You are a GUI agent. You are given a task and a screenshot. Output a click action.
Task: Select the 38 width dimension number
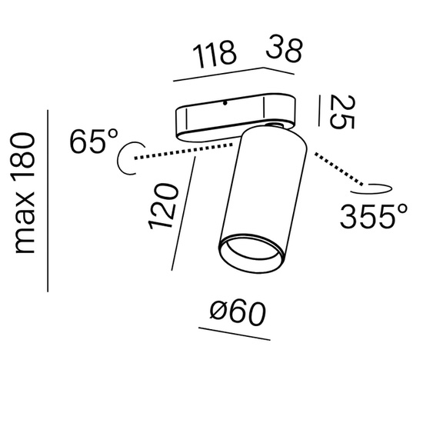pos(284,51)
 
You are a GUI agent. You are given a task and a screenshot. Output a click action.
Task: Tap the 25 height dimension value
pos(342,112)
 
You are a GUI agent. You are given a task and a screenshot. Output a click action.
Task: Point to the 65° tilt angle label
pos(94,141)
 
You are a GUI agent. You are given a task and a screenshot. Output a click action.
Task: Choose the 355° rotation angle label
pos(374,216)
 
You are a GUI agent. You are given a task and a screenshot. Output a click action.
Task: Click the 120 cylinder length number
pos(164,206)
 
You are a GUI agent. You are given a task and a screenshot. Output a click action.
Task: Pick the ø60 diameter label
pos(238,313)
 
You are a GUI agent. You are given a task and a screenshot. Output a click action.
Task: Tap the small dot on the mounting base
pos(225,103)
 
